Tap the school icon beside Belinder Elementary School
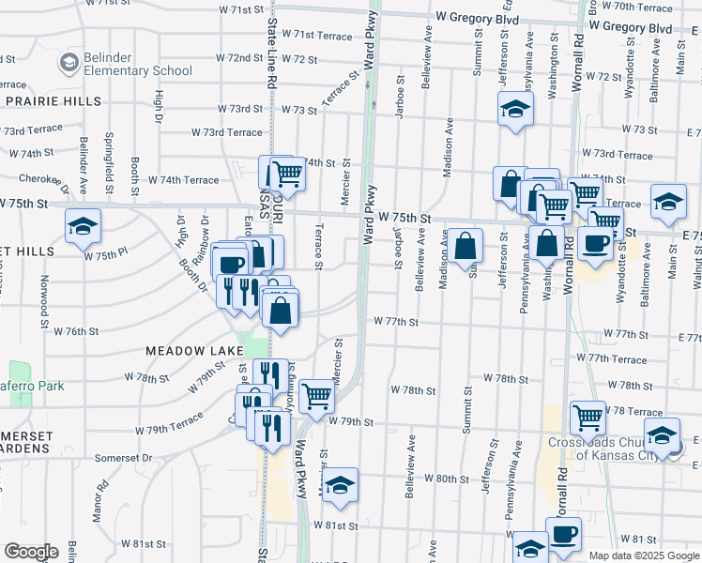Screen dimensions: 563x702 point(69,63)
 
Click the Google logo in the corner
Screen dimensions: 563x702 point(31,552)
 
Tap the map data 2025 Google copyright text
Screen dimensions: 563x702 point(644,555)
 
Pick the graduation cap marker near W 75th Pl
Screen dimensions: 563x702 point(83,226)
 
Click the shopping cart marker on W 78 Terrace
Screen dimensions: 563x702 point(588,416)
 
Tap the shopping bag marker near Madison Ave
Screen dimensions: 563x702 point(465,246)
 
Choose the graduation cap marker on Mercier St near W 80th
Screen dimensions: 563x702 point(341,483)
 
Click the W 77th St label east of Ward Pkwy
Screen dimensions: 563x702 point(395,321)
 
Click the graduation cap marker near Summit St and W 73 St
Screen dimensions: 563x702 point(515,109)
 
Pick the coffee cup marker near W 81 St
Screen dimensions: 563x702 point(563,534)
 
